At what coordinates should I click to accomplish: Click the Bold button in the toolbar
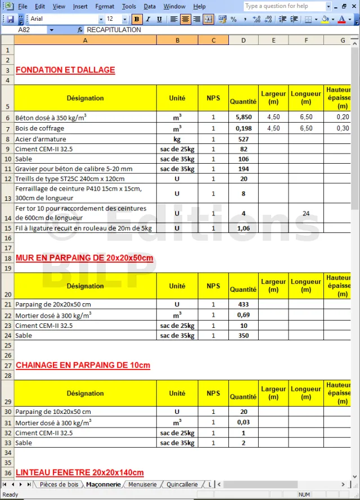tap(137, 19)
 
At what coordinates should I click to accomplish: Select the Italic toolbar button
tap(148, 19)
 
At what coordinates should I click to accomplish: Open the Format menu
tap(105, 6)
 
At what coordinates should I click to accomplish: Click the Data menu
tap(150, 6)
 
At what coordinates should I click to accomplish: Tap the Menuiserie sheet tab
tap(142, 484)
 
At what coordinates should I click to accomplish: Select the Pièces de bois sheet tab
tap(59, 484)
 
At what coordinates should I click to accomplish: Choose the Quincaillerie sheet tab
tap(182, 484)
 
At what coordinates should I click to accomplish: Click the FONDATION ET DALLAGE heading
tap(65, 70)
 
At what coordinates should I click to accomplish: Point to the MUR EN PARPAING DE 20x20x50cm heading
tap(84, 258)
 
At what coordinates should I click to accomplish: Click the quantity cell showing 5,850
tap(243, 118)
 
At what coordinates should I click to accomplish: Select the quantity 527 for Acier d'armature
tap(243, 139)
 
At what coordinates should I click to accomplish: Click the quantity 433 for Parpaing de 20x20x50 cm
tap(243, 304)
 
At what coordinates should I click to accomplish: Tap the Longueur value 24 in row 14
tap(306, 214)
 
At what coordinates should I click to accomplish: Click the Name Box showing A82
tap(34, 30)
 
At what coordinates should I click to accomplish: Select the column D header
tap(243, 40)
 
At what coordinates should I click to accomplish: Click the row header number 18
tap(7, 258)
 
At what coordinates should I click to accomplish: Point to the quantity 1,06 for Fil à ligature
tap(243, 228)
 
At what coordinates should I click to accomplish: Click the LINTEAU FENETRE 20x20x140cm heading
tap(80, 472)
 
